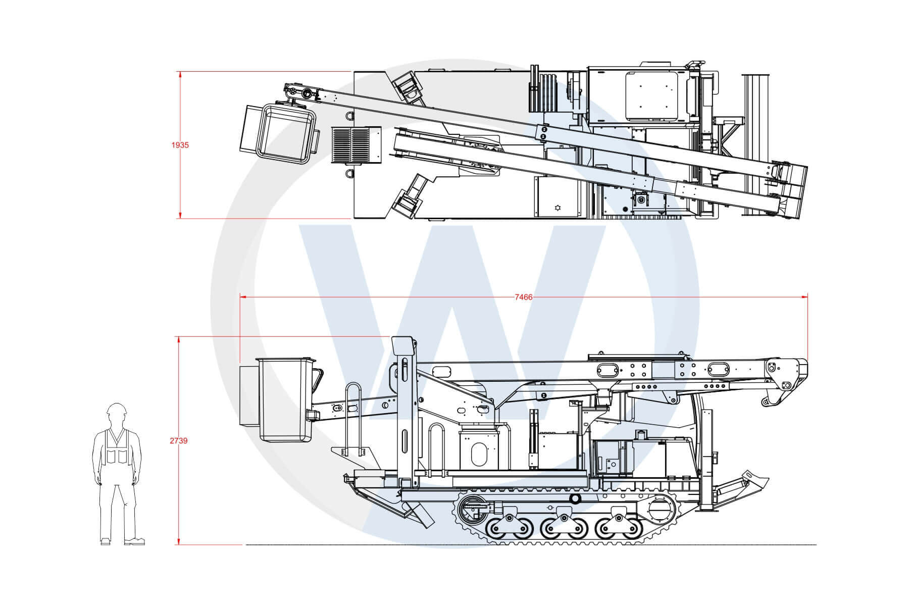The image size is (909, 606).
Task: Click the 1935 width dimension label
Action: pos(180,145)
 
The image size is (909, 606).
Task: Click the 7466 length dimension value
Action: pos(524,297)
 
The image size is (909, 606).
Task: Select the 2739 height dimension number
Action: pos(179,441)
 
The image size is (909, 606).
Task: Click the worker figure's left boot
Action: pos(106,542)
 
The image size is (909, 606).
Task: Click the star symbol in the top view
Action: pos(558,208)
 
